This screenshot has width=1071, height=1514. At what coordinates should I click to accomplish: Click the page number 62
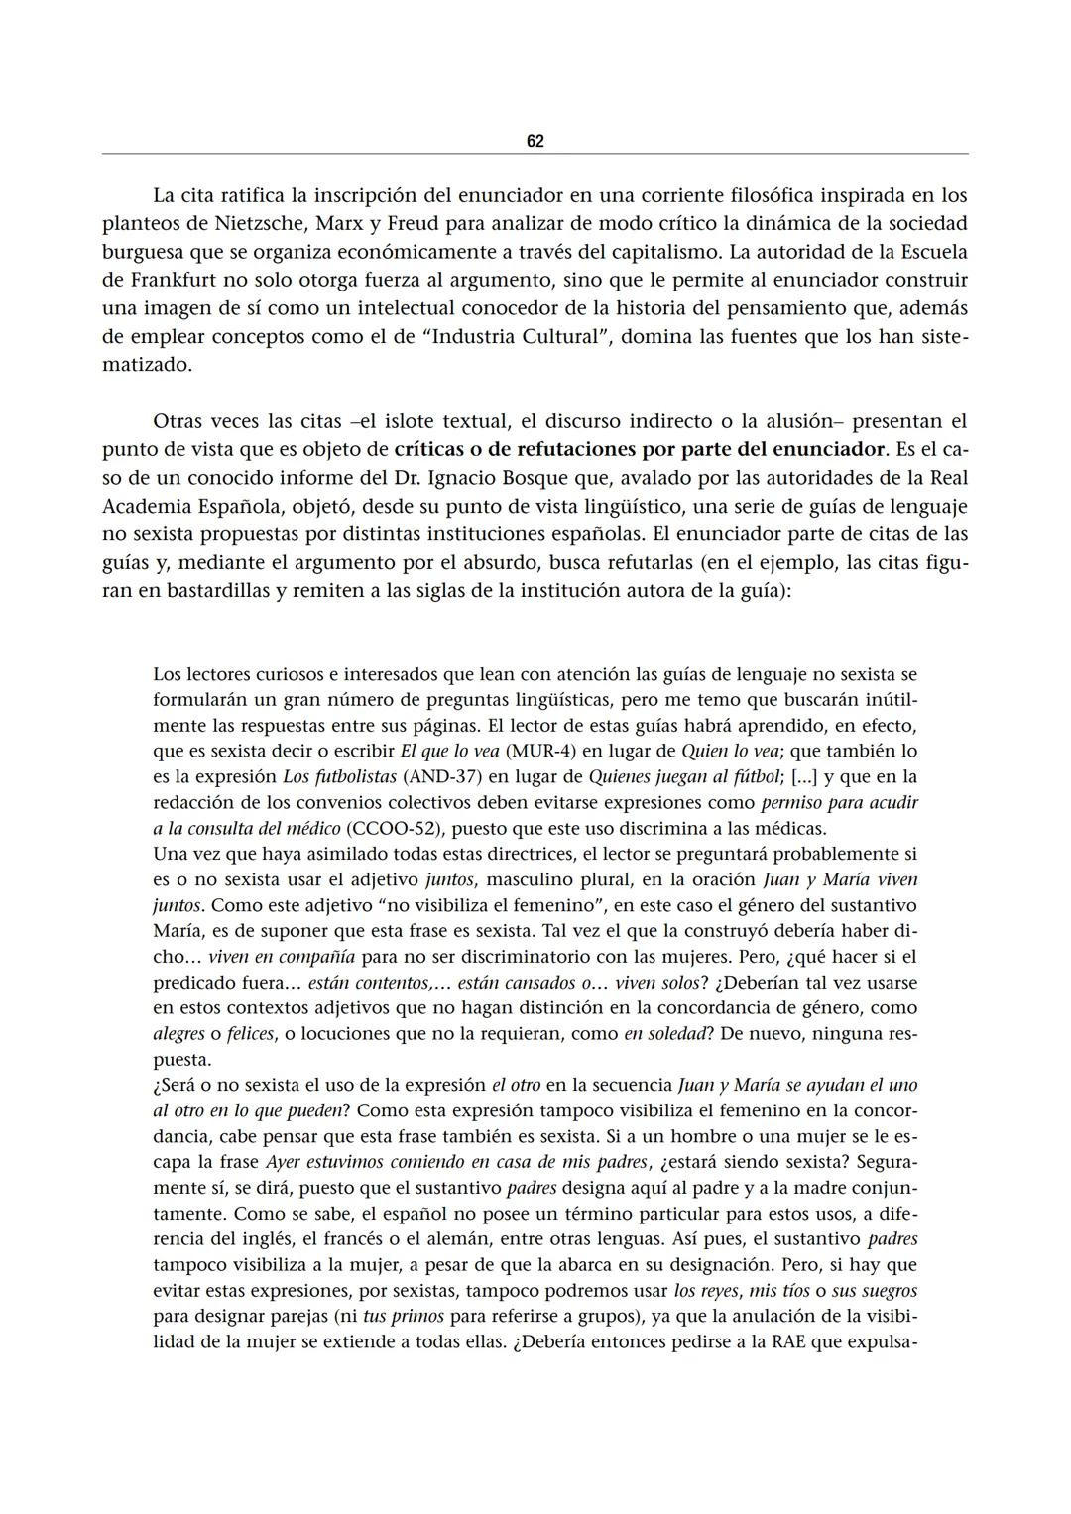coord(535,142)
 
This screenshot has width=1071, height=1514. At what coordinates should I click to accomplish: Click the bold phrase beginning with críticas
coord(640,449)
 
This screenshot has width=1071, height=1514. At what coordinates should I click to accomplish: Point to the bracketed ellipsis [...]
coord(805,776)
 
